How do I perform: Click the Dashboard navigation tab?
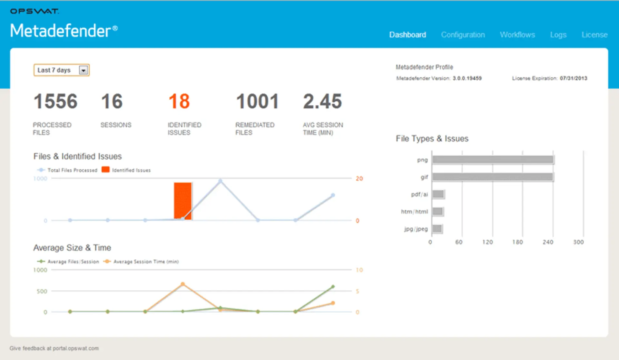pyautogui.click(x=408, y=35)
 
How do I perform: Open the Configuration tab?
pyautogui.click(x=463, y=35)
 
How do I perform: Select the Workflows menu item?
pyautogui.click(x=517, y=35)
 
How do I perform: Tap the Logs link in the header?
pyautogui.click(x=558, y=35)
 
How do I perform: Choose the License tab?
pyautogui.click(x=594, y=35)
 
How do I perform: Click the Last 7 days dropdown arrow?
pyautogui.click(x=84, y=70)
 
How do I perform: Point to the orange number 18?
pyautogui.click(x=179, y=101)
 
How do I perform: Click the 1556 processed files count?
pyautogui.click(x=55, y=101)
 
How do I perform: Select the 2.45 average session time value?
pyautogui.click(x=322, y=101)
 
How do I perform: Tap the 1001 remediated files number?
pyautogui.click(x=257, y=101)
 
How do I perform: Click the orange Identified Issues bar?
pyautogui.click(x=182, y=201)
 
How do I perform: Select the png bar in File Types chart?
pyautogui.click(x=493, y=160)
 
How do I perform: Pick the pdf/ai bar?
pyautogui.click(x=438, y=194)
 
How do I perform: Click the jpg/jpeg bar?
pyautogui.click(x=437, y=229)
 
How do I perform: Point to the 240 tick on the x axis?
pyautogui.click(x=548, y=242)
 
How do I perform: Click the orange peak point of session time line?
pyautogui.click(x=183, y=284)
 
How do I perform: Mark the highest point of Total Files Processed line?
pyautogui.click(x=221, y=181)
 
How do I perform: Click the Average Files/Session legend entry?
pyautogui.click(x=69, y=262)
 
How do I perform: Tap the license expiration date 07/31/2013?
pyautogui.click(x=573, y=78)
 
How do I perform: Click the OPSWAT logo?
pyautogui.click(x=34, y=11)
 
